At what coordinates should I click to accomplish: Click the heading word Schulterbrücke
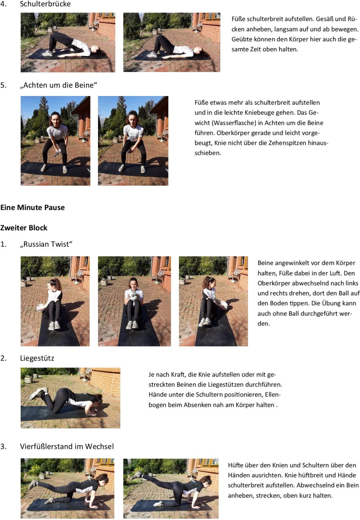45,4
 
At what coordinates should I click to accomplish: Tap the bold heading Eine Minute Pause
32,207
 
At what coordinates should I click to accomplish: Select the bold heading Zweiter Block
24,228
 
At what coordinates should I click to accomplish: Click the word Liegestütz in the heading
37,358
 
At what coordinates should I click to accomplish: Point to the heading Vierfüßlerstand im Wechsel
67,446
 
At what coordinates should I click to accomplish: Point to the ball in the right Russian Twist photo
225,305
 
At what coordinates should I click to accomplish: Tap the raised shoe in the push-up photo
37,394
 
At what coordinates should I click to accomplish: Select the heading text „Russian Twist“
46,244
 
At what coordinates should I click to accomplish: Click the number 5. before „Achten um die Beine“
4,85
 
